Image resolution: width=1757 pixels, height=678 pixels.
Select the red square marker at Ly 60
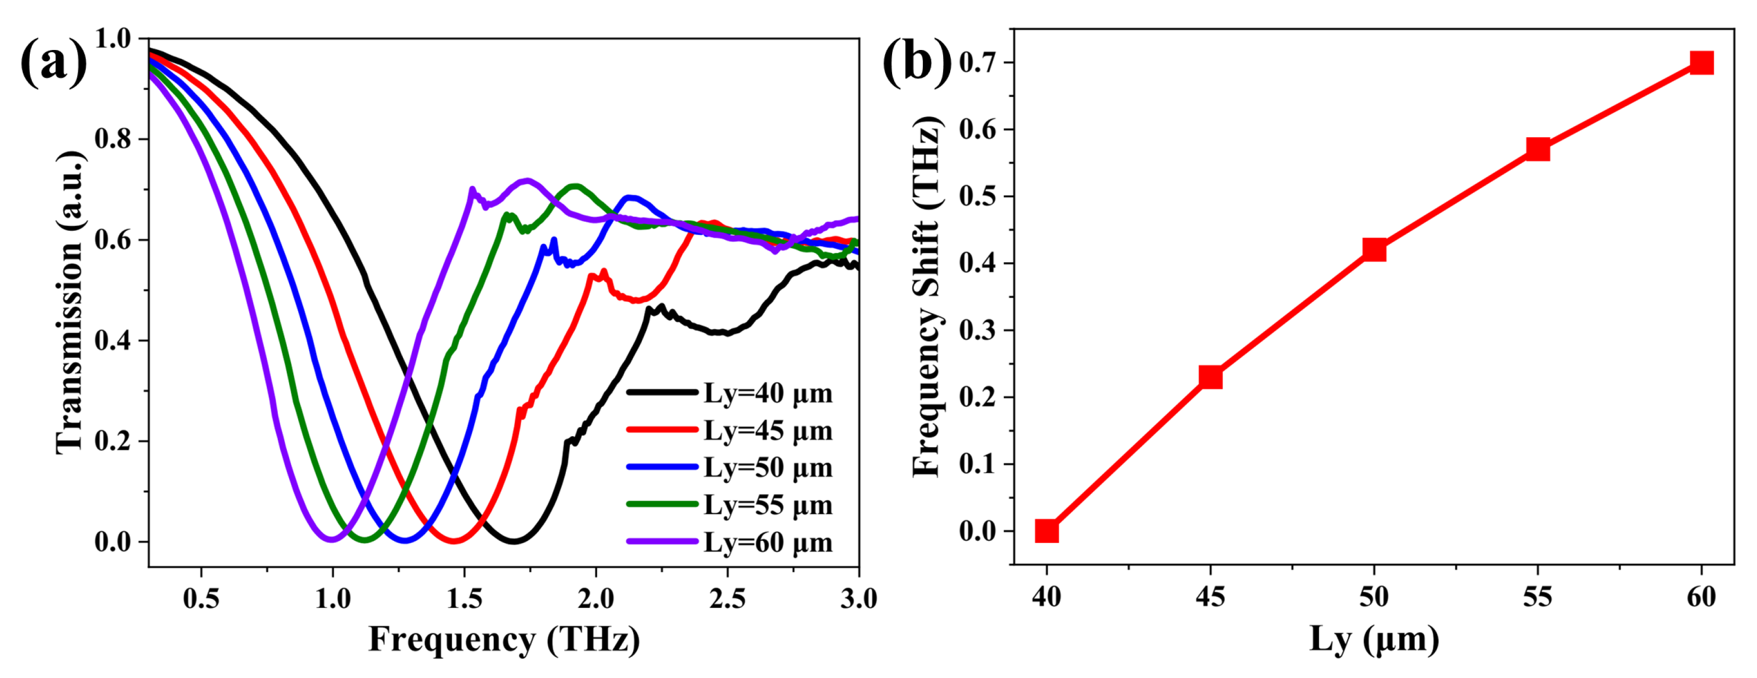coord(1701,63)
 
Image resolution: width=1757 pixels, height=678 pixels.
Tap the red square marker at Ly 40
coord(1046,530)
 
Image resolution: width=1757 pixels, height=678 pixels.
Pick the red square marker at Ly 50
coord(1374,249)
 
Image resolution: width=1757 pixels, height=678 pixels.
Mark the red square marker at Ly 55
coord(1537,148)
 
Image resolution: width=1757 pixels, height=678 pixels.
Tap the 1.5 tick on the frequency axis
coord(465,598)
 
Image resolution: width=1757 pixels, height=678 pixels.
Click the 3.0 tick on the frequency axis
coord(858,598)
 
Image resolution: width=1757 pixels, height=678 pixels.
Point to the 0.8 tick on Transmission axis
coord(112,139)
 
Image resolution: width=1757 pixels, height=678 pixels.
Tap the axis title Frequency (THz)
coord(504,639)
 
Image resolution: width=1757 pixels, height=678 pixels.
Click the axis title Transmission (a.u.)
coord(70,302)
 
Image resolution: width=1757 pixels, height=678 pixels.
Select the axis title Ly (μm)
coord(1374,639)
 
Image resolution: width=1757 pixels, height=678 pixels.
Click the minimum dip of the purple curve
coord(332,540)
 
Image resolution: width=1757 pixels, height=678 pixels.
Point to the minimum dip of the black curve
coord(514,541)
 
